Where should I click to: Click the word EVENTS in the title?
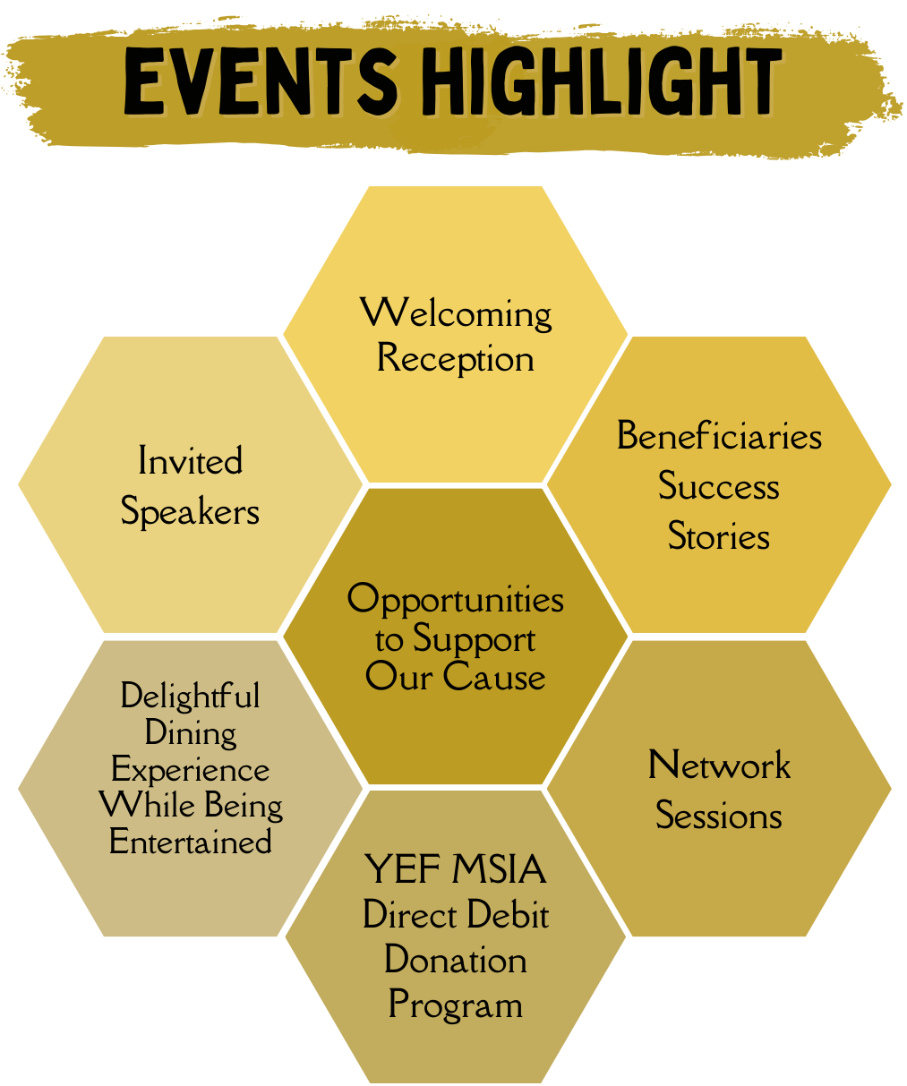tap(260, 82)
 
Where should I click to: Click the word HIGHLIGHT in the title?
tap(602, 82)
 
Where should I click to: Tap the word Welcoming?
tap(456, 313)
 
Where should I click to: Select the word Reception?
tap(455, 359)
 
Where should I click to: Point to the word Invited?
tap(190, 461)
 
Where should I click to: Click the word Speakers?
tap(190, 512)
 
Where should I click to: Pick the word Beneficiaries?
tap(719, 436)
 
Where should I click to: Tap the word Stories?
tap(719, 536)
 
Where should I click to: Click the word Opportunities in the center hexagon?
tap(455, 599)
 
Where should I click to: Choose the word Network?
tap(719, 765)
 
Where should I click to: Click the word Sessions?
tap(719, 816)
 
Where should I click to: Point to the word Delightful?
tap(190, 696)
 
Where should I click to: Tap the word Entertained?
tap(190, 842)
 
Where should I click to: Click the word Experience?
tap(190, 770)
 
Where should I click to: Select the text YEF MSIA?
tap(455, 869)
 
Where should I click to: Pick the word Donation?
tap(455, 960)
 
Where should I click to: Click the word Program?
tap(455, 1005)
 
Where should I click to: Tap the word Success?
tap(719, 486)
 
